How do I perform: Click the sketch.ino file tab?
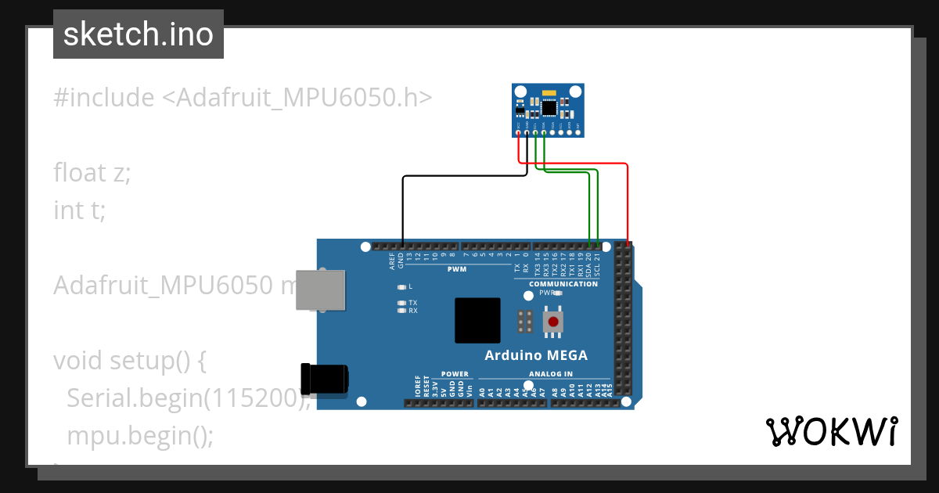(138, 34)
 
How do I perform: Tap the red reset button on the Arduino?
(554, 322)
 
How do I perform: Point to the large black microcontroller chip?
(477, 321)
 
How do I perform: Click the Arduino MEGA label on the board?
(536, 355)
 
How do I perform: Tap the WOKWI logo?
(831, 431)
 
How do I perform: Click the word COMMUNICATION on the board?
(563, 284)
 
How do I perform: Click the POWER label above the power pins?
(455, 374)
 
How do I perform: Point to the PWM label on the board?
(456, 269)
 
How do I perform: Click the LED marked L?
(402, 287)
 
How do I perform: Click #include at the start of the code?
(104, 98)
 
